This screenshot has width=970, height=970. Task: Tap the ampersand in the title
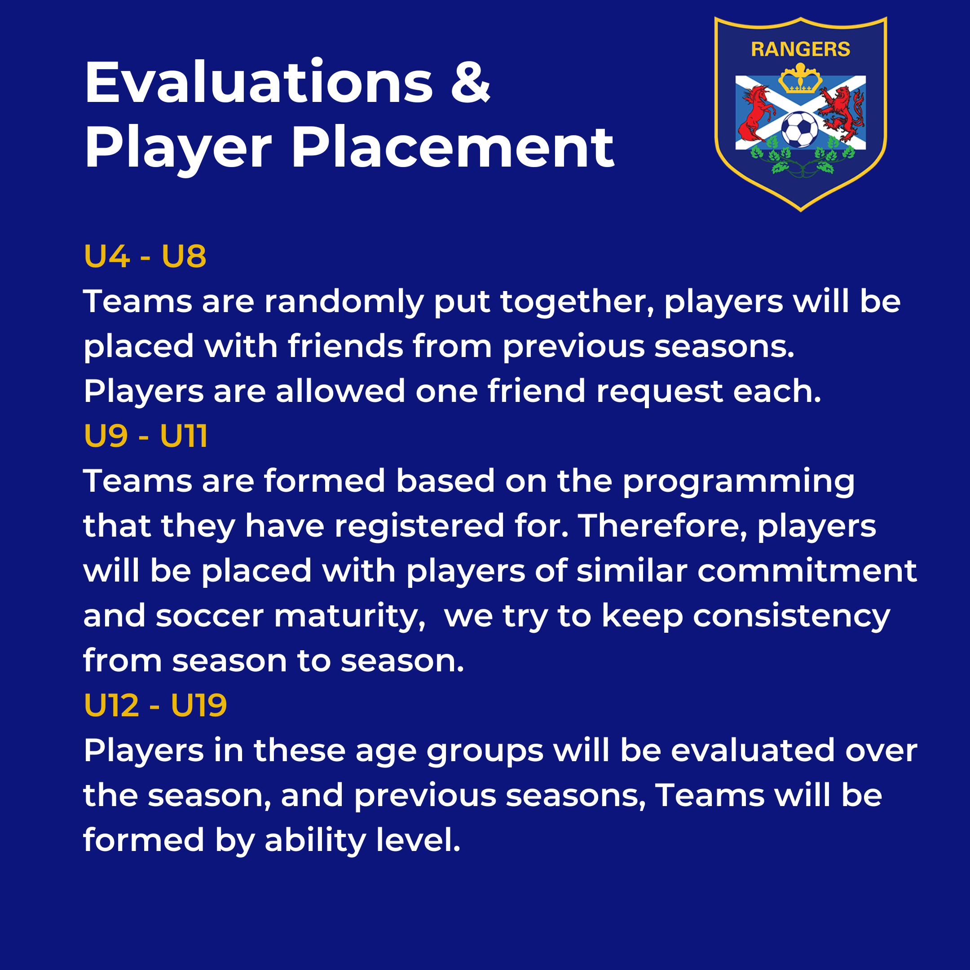pos(470,82)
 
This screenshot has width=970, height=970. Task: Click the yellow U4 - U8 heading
pos(145,256)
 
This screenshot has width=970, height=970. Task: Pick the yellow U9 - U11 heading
pos(145,436)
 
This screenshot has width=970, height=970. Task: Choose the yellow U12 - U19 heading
pos(156,705)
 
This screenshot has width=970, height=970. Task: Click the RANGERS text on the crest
pos(800,49)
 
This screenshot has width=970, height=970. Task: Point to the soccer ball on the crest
pos(800,129)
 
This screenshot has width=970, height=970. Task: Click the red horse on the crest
pos(756,113)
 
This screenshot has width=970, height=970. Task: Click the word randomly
pos(344,302)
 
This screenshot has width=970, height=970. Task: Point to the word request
pos(659,392)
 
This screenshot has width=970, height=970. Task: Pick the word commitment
pos(807,571)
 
